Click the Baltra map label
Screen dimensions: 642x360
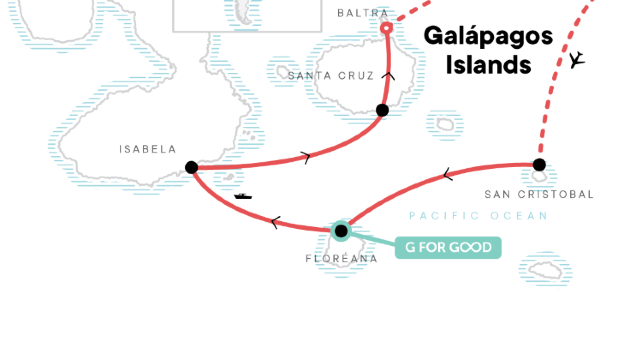362,13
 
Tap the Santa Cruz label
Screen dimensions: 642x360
331,76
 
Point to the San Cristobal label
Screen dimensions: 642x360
539,194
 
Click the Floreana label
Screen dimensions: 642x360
342,258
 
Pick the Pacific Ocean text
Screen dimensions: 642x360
478,216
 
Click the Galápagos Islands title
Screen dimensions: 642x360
488,50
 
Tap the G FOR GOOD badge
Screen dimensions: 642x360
447,247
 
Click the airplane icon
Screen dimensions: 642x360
576,61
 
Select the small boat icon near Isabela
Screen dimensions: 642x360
243,195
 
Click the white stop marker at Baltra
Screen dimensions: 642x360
387,28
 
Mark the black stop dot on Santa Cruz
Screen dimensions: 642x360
382,110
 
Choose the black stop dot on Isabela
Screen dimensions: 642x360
191,167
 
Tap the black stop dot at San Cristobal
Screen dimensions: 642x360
539,164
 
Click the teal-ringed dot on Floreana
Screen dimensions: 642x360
341,231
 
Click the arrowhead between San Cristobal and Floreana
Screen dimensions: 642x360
447,176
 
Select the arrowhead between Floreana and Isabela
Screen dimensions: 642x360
275,222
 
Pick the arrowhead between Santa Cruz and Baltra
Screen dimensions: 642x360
389,74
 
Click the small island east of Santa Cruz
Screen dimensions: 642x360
444,125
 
